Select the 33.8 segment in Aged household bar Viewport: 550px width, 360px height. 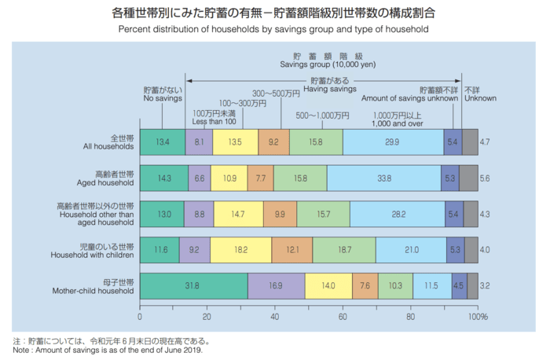[383, 178]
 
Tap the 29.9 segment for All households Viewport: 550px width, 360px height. [393, 142]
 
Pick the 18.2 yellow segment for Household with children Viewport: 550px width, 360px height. [241, 249]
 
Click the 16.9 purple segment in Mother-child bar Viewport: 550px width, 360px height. [276, 285]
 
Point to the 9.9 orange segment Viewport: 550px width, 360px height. [280, 214]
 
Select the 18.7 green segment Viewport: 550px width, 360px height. [343, 249]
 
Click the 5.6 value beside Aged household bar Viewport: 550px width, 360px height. [484, 178]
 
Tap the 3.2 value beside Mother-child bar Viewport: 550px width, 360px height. [484, 285]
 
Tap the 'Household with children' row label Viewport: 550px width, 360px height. [94, 254]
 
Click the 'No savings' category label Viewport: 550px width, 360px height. [162, 99]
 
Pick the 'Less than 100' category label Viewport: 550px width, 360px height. [214, 121]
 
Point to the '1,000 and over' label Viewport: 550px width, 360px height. [399, 124]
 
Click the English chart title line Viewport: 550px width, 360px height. [274, 30]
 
